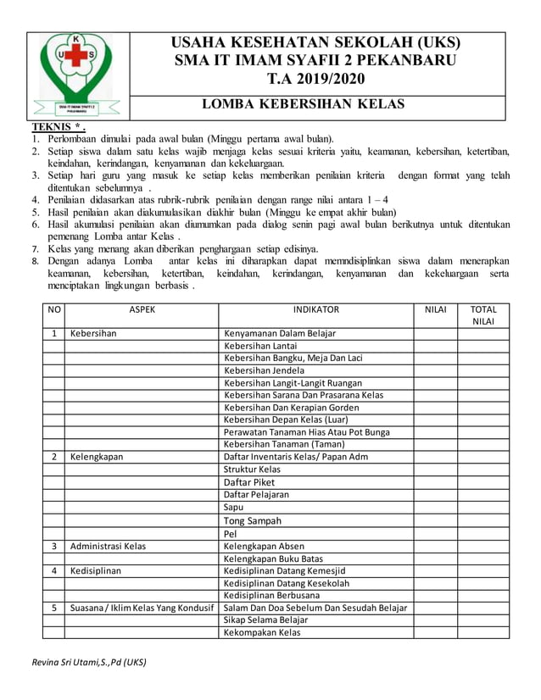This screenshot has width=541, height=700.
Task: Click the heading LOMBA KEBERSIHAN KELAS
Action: click(x=303, y=104)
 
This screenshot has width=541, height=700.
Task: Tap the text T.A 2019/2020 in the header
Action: click(x=315, y=80)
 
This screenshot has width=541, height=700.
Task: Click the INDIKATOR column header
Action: click(x=315, y=310)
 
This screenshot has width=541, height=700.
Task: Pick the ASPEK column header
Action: click(x=142, y=310)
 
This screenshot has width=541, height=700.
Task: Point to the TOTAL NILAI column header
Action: click(x=483, y=315)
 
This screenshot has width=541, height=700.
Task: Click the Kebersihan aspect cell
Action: click(x=93, y=334)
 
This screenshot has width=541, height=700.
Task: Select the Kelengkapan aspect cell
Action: click(x=97, y=457)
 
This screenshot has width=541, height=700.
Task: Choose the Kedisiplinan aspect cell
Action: click(x=96, y=571)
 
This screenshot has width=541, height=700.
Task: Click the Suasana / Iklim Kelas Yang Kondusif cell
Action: click(x=142, y=608)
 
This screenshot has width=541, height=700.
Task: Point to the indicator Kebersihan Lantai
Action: click(x=260, y=346)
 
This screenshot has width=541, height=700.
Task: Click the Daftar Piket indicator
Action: click(x=249, y=481)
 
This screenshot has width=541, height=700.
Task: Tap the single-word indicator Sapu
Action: click(x=233, y=507)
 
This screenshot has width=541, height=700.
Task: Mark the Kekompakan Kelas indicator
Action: click(x=262, y=632)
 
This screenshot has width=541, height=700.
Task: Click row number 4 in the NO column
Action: click(x=53, y=571)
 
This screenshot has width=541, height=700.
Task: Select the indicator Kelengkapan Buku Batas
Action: click(x=272, y=558)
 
